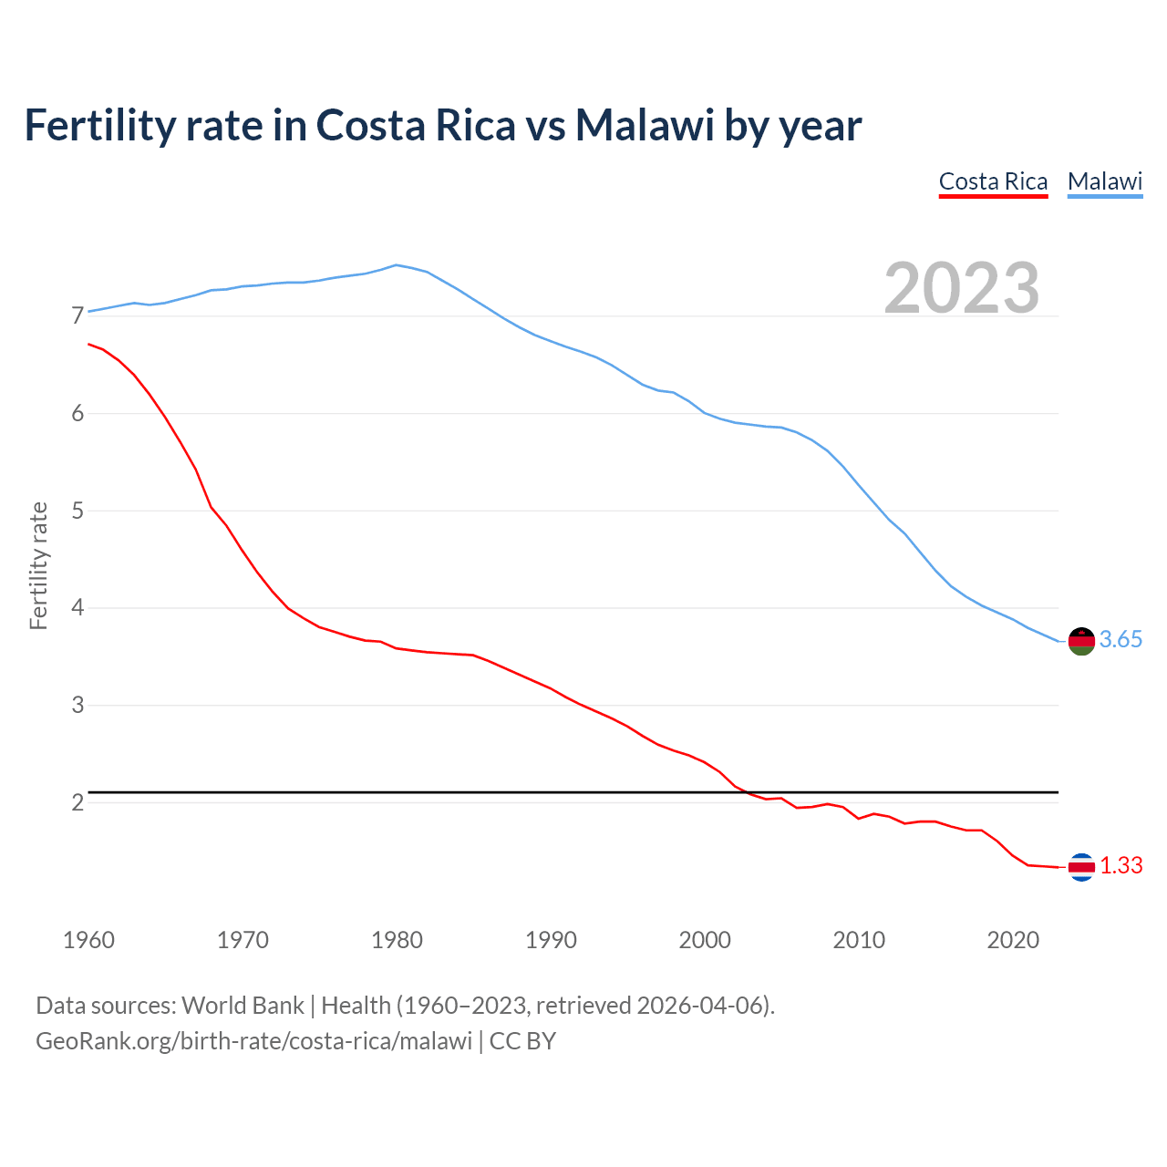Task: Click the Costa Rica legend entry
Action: click(993, 181)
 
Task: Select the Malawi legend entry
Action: click(1105, 181)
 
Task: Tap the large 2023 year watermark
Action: click(962, 288)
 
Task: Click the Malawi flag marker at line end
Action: click(1080, 641)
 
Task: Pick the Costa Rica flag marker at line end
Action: click(1080, 867)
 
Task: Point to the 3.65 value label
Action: click(1121, 640)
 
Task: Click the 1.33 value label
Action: click(1121, 866)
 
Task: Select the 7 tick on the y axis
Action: click(77, 316)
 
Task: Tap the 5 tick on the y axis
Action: click(77, 511)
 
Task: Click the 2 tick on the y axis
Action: click(77, 802)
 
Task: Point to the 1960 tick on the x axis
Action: click(88, 940)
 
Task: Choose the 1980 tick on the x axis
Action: click(397, 940)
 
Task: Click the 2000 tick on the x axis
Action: click(705, 940)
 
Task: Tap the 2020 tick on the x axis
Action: click(1013, 940)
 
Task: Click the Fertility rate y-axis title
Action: click(38, 565)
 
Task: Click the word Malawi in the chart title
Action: click(644, 126)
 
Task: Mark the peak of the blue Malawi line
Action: click(396, 265)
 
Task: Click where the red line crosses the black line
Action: click(747, 792)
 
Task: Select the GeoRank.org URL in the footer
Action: click(253, 1040)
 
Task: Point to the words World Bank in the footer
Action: click(243, 1006)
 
